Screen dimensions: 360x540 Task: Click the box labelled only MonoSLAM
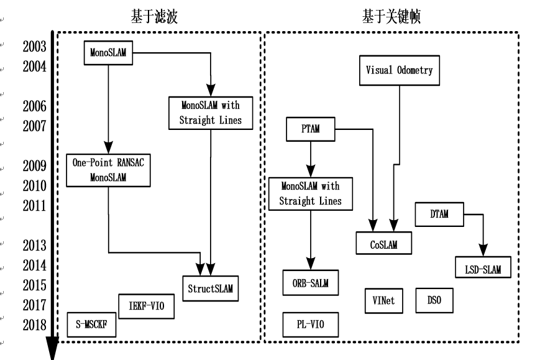pos(108,53)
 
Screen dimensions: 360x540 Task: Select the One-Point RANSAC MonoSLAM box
pos(108,169)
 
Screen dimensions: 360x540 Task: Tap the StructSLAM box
pos(212,288)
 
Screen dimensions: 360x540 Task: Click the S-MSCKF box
pos(91,325)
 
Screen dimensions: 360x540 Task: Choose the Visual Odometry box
pos(399,70)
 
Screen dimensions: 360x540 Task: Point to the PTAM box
pos(309,130)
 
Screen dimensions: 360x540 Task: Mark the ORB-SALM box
pos(309,283)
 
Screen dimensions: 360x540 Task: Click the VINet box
pos(383,301)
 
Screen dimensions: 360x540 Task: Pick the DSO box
pos(434,301)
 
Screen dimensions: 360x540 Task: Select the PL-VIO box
pos(309,324)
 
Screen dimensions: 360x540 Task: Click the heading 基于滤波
pos(153,17)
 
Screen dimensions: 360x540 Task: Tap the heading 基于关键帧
pos(391,17)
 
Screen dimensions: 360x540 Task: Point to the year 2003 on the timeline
pos(35,46)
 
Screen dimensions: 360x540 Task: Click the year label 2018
pos(35,325)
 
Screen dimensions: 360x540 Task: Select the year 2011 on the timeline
pos(35,205)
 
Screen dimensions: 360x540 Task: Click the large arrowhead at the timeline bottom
pos(52,348)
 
